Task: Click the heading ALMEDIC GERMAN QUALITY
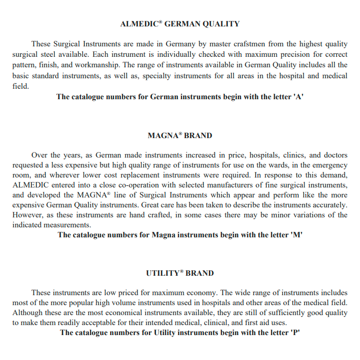(x=180, y=24)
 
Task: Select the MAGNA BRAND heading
(x=180, y=136)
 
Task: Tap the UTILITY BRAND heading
(x=180, y=273)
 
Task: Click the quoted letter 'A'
(x=300, y=97)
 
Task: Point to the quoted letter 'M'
(x=297, y=234)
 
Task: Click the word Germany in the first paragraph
(x=180, y=44)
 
